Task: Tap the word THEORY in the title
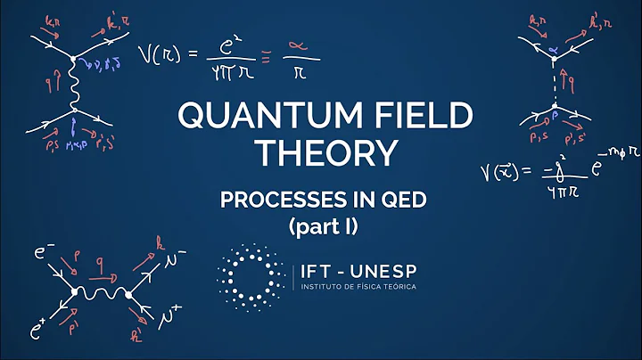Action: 321,153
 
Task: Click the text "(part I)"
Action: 322,226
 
